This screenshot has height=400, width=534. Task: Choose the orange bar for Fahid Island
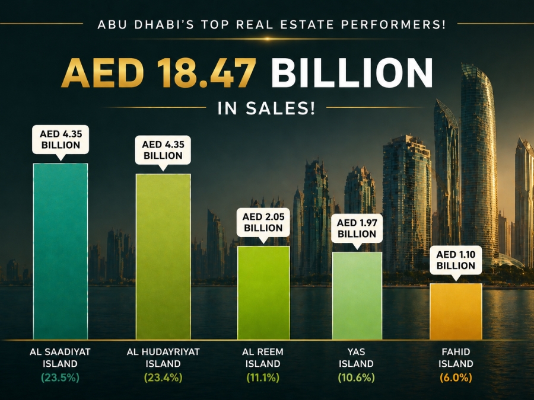(x=456, y=311)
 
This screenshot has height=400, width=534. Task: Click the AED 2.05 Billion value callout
(x=263, y=222)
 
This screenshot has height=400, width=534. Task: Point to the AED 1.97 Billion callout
(x=357, y=228)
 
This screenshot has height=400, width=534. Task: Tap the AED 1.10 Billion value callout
(x=456, y=260)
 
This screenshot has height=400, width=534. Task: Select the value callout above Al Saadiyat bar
(x=61, y=139)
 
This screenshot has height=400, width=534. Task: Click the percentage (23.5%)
(x=61, y=377)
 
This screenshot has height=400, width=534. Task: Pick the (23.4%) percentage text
(x=163, y=377)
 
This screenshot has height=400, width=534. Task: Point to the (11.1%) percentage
(x=263, y=377)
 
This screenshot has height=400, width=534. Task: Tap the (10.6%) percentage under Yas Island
(x=357, y=377)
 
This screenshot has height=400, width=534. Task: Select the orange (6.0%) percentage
(x=456, y=377)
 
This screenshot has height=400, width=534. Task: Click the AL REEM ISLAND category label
(x=263, y=357)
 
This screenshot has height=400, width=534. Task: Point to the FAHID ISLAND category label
(x=456, y=357)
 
